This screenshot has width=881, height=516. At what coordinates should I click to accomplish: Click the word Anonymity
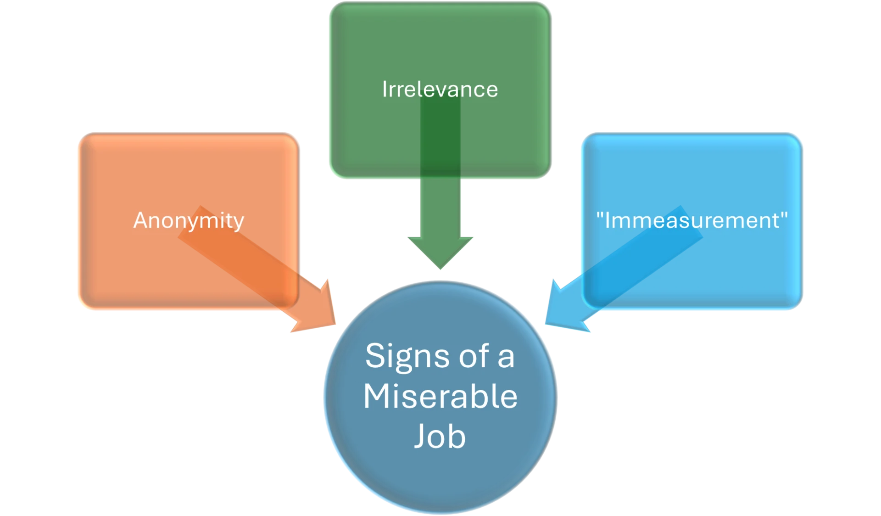point(189,221)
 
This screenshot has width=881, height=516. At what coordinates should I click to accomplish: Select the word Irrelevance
point(440,89)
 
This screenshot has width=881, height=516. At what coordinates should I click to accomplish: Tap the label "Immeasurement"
point(692,220)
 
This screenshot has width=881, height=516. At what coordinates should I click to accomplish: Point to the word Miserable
point(440,396)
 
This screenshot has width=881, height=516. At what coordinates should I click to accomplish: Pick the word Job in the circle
point(440,436)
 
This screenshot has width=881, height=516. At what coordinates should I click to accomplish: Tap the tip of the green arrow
point(440,269)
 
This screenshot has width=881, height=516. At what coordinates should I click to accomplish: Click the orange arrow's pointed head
point(335,323)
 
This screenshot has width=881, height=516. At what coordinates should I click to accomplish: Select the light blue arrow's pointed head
point(546,323)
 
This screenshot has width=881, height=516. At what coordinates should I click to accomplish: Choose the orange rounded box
point(189,221)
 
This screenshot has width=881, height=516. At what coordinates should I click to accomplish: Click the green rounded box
point(440,90)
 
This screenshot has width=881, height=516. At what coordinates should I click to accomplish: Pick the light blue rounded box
point(692,221)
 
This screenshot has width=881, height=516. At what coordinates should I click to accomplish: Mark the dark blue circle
point(440,398)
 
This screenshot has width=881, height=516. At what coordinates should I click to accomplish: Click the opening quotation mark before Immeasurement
point(600,215)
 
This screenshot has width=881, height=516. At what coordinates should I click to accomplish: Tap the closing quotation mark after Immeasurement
point(784,215)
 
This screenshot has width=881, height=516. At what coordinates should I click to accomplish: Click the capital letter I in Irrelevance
point(385,89)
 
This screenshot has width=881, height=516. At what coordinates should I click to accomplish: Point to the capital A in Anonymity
point(142,220)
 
